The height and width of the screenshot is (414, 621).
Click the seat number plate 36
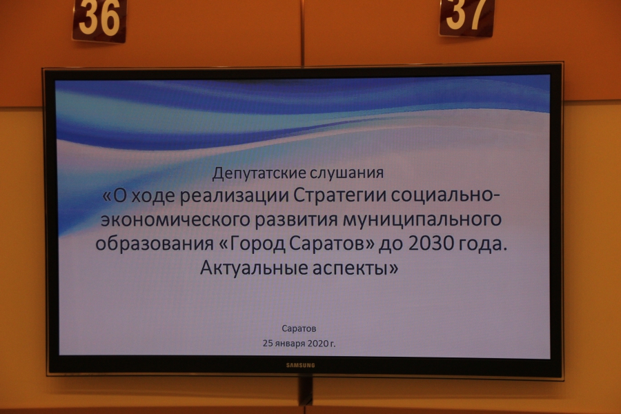(100, 20)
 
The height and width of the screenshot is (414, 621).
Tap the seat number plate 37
(467, 17)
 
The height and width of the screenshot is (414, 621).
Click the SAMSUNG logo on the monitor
(301, 365)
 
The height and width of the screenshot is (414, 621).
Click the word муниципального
(422, 219)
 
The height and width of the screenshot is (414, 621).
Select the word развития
(296, 220)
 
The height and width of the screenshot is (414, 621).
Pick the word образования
(155, 244)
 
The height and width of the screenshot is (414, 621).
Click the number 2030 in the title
(431, 244)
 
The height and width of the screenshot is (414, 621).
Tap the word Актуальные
(254, 268)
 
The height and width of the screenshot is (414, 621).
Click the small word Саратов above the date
(299, 328)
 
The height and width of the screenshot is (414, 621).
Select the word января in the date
(291, 344)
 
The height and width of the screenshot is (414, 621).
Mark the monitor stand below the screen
(306, 390)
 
